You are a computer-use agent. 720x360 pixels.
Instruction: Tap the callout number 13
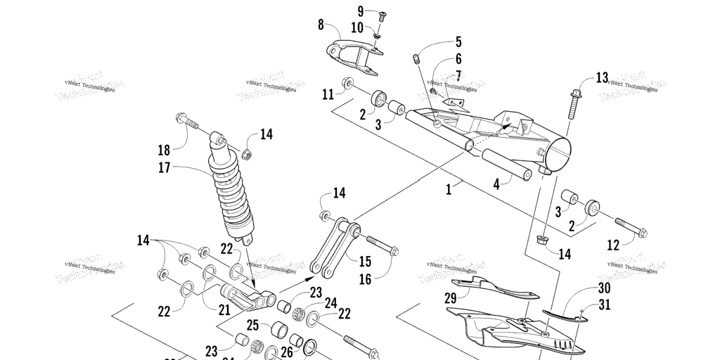(x=602, y=77)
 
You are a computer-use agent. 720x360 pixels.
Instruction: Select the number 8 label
(x=321, y=25)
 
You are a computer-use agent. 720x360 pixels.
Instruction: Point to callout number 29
(x=451, y=298)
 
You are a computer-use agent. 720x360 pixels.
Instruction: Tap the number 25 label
(x=252, y=326)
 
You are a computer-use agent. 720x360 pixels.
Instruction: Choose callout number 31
(x=604, y=304)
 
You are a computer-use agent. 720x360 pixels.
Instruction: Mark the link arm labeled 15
(x=335, y=245)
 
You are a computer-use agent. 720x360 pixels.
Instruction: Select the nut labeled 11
(x=348, y=84)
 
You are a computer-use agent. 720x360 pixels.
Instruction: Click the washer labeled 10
(x=378, y=37)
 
